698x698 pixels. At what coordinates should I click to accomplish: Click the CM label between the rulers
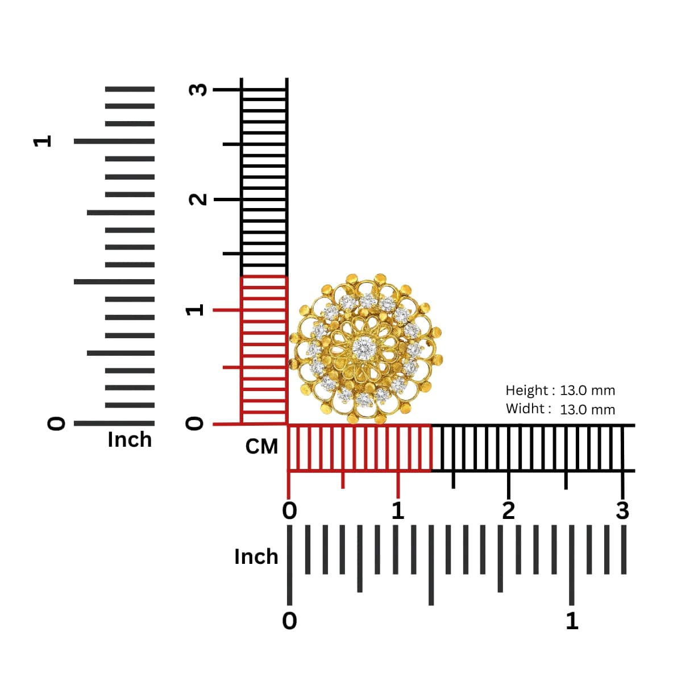point(261,447)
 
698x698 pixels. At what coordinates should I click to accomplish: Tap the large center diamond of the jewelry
point(363,348)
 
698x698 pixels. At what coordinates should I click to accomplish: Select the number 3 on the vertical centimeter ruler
point(198,90)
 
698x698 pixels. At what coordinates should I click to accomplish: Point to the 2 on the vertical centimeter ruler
point(198,200)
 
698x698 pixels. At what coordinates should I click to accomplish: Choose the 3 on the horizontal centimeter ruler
point(623,511)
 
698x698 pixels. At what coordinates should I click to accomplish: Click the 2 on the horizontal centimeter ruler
point(509,511)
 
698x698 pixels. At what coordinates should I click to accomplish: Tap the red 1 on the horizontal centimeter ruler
point(398,511)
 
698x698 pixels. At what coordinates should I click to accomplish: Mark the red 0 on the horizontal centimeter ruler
point(290,511)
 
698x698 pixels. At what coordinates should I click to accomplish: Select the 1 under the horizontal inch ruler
point(572,621)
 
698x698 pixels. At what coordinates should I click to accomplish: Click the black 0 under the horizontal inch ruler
point(290,621)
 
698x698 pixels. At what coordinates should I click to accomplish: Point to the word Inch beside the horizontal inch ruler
point(256,556)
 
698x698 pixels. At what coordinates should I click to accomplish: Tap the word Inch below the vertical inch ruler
point(130,439)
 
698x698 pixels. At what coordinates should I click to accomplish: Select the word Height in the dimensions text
point(526,390)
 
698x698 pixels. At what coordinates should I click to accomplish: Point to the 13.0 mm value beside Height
point(587,390)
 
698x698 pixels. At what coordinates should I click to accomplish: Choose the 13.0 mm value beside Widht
point(587,409)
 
